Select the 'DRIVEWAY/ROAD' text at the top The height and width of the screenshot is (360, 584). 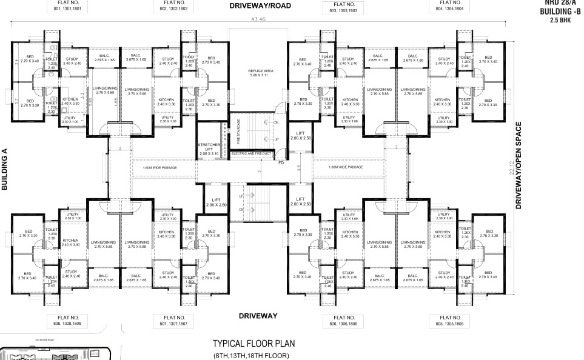point(260,6)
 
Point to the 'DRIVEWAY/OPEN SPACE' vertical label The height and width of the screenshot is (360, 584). point(519,165)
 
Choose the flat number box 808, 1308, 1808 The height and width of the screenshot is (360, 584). point(68,320)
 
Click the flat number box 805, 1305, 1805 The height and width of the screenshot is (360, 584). point(449,320)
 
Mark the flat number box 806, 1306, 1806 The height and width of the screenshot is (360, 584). point(344,320)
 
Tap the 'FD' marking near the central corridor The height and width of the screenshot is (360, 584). point(281,162)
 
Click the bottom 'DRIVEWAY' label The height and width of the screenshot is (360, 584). point(258,316)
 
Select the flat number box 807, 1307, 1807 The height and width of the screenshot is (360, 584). point(172,320)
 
